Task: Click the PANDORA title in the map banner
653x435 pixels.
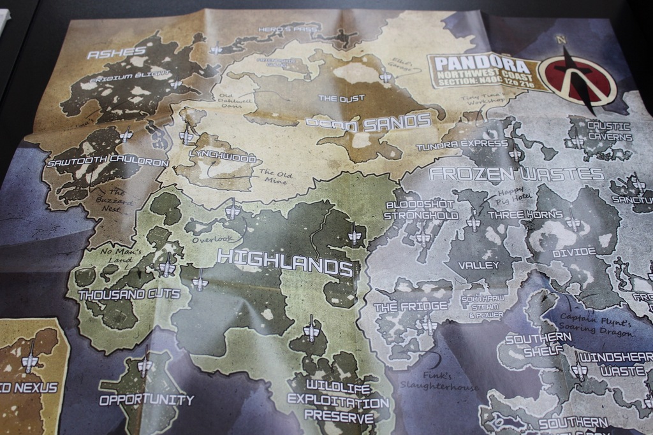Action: (x=480, y=66)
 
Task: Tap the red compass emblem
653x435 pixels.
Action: (x=576, y=80)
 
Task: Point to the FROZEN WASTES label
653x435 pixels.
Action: (x=517, y=174)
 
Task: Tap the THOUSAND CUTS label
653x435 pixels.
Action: (x=129, y=294)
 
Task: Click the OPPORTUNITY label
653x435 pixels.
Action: (x=146, y=400)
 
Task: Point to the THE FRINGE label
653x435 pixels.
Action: (x=411, y=307)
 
